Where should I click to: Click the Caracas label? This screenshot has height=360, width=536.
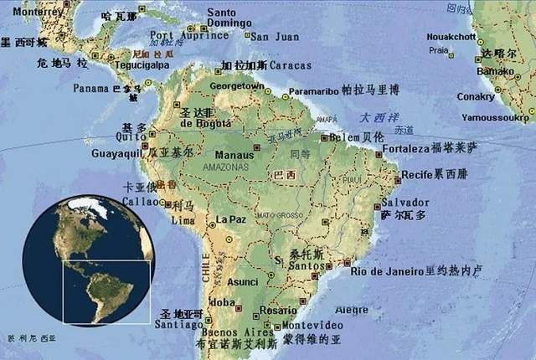coord(291,65)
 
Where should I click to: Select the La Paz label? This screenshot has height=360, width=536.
coord(231,219)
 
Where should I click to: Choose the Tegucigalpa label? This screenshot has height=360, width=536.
coord(149,64)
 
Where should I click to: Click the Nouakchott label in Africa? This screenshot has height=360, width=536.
coord(451,38)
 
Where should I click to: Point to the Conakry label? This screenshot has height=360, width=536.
coord(476,96)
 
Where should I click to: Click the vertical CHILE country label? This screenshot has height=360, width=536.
coord(204,269)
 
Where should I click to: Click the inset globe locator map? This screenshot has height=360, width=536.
coord(87,260)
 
